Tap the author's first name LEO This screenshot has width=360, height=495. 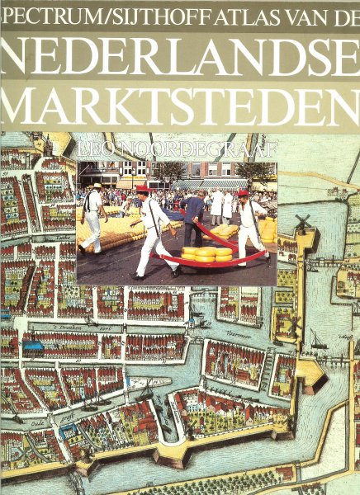[x=95, y=152]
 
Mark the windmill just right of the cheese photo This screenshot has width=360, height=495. [x=302, y=224]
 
